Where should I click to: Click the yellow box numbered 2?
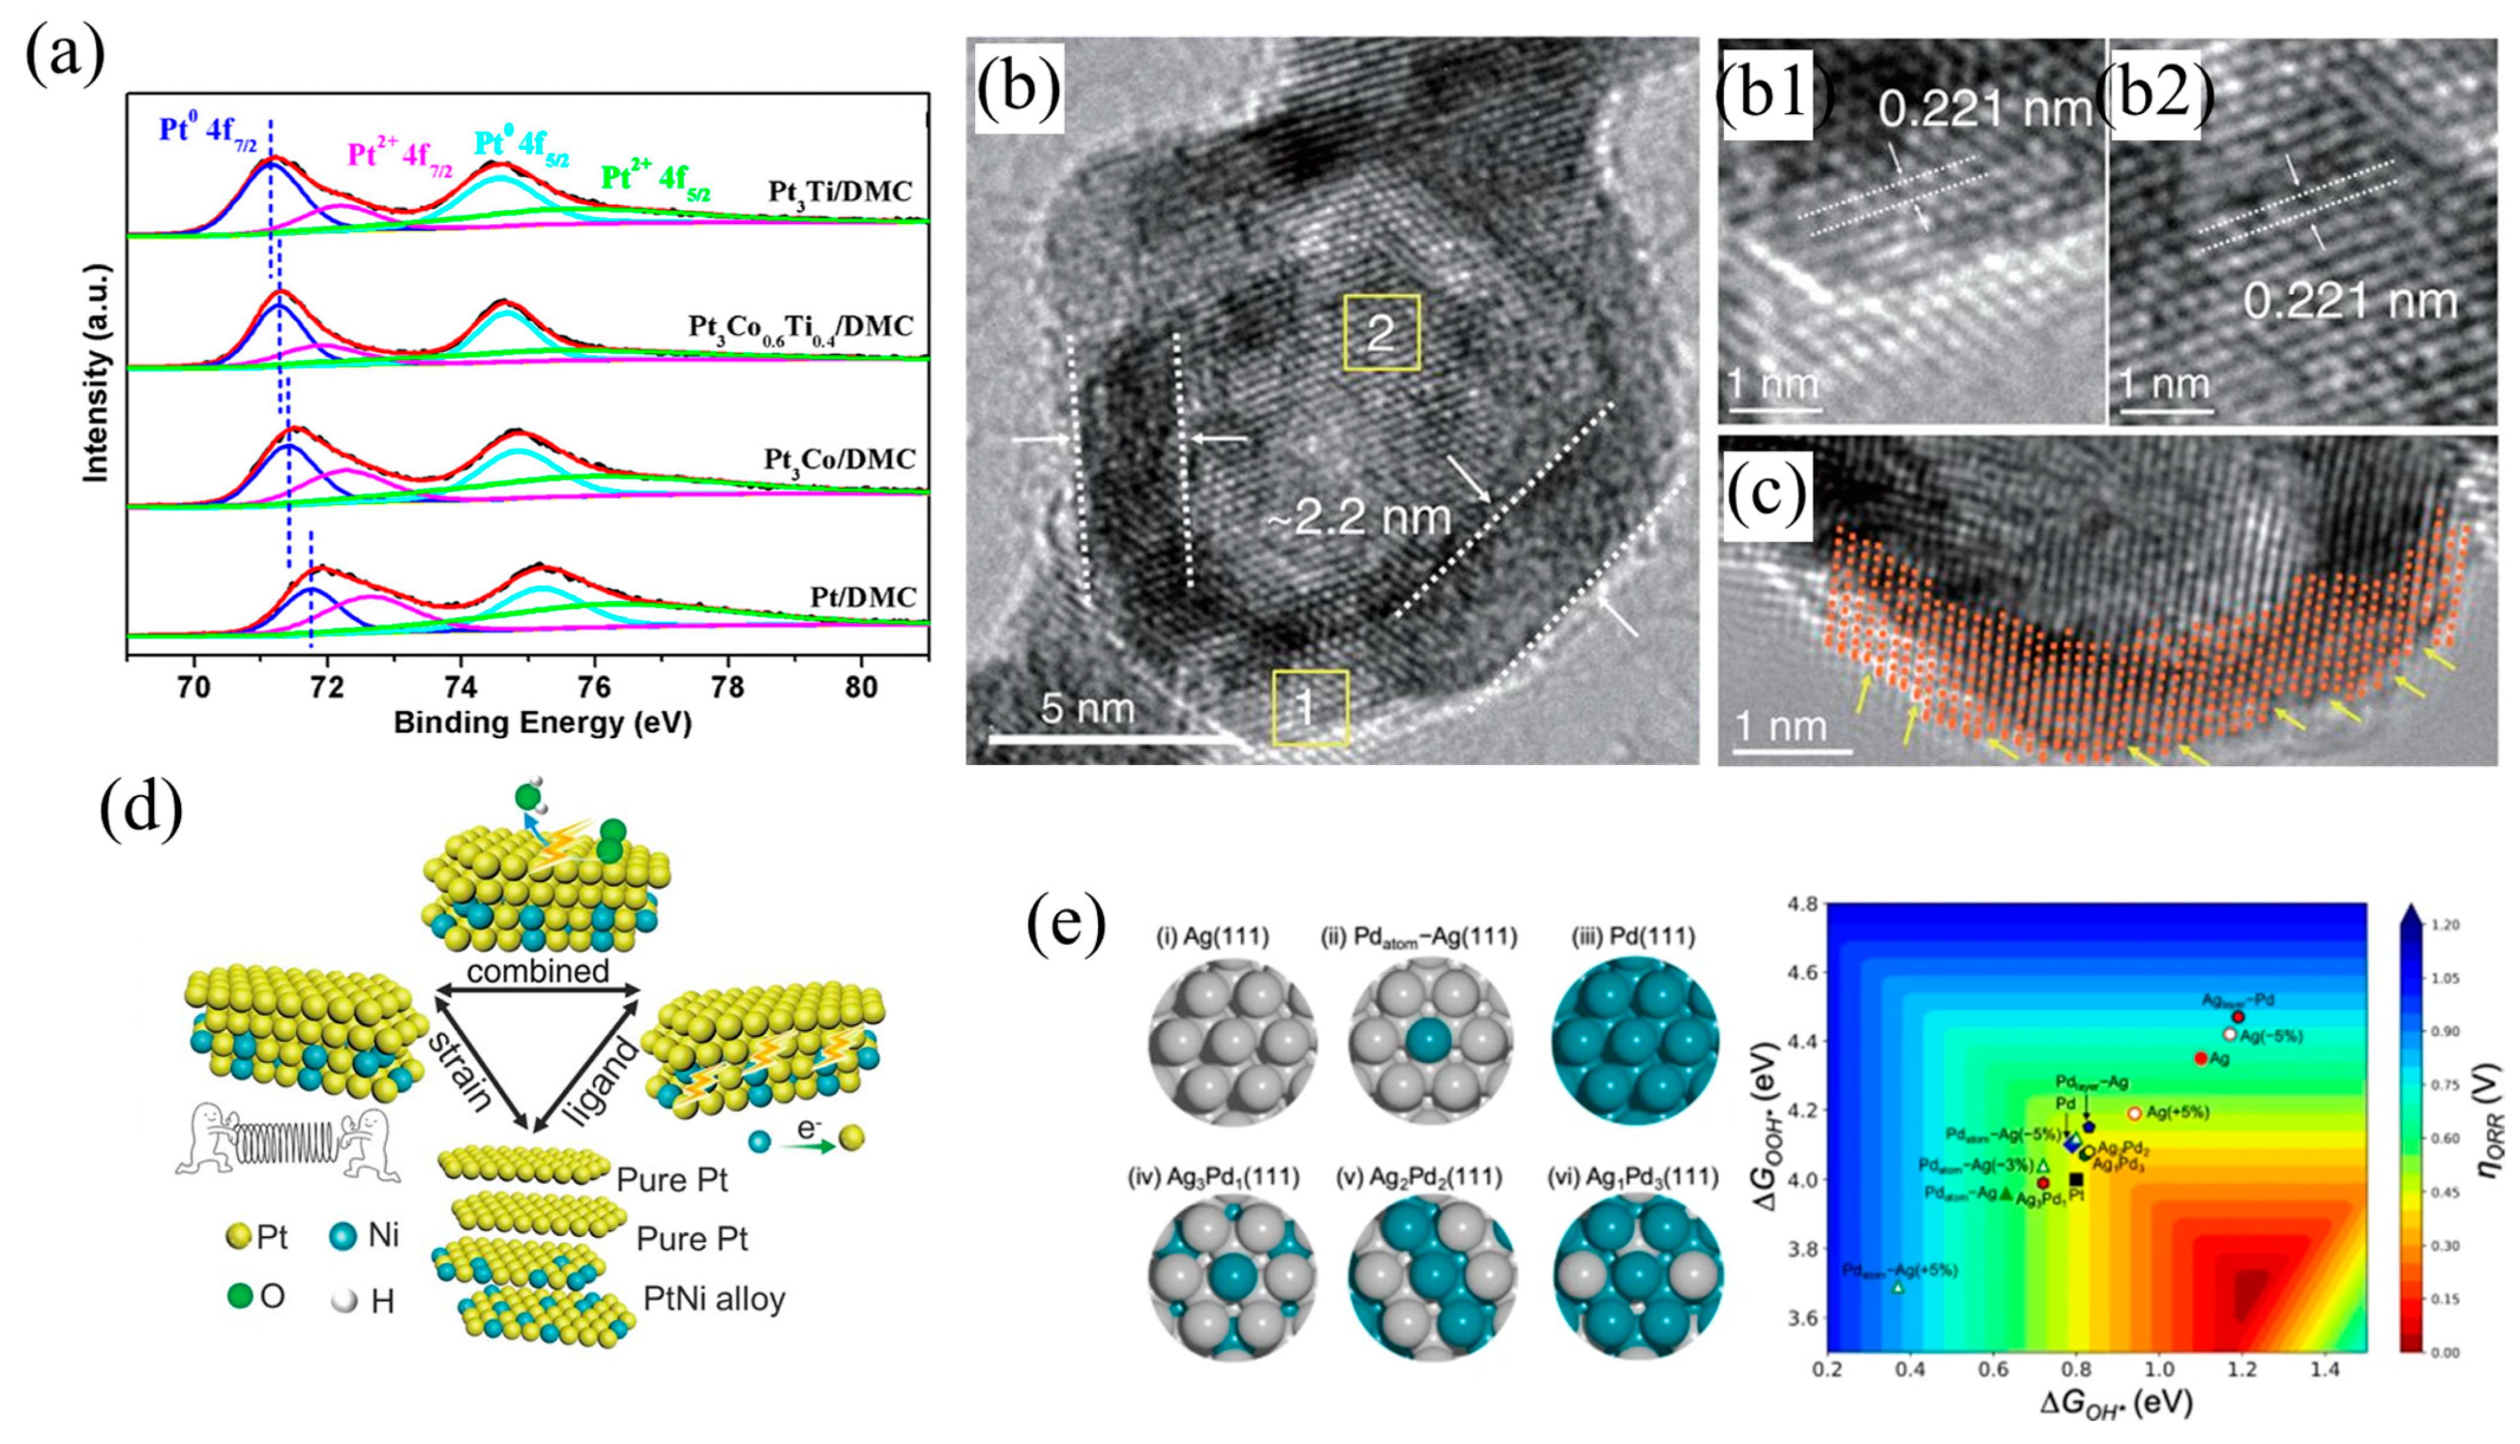pyautogui.click(x=1382, y=333)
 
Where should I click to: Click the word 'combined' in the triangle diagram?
pyautogui.click(x=538, y=971)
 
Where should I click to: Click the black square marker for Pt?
pyautogui.click(x=2076, y=1179)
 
